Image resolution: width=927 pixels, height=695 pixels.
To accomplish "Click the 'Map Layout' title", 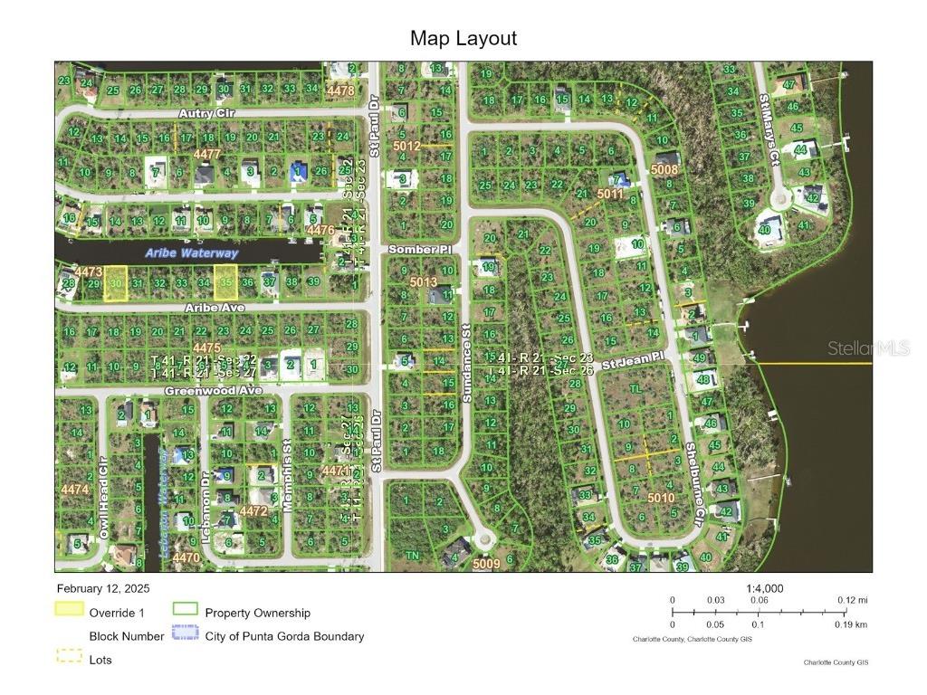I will (x=463, y=38).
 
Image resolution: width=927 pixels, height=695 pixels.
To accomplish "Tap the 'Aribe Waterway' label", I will (x=192, y=253).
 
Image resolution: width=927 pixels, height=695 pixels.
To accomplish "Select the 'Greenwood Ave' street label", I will (x=213, y=390).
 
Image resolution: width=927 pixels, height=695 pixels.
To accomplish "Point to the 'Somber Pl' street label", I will (x=413, y=248).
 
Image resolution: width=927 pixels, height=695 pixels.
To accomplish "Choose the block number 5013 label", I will (x=423, y=282).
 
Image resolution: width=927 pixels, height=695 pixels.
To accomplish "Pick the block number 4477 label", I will (x=206, y=154).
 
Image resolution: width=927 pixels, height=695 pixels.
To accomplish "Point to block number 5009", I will (x=485, y=564).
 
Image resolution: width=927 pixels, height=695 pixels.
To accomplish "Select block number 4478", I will (x=340, y=90).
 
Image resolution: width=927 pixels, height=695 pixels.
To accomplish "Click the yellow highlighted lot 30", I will (x=115, y=283).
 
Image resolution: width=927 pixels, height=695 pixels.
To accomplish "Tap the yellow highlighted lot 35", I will (x=225, y=282).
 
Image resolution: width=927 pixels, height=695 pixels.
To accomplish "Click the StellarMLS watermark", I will (x=868, y=348).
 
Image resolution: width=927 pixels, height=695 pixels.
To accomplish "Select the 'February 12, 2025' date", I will (x=103, y=588).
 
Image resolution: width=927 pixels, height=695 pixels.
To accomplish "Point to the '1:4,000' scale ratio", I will (x=765, y=588).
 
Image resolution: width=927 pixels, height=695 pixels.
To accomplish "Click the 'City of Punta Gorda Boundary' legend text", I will (x=284, y=636).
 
